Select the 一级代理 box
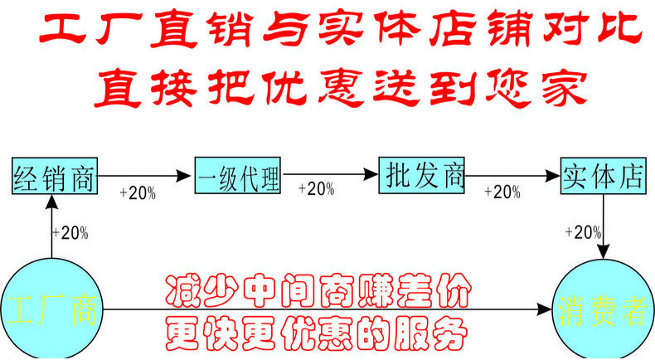[238, 176]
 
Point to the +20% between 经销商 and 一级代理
[138, 192]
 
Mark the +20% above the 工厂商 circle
[70, 233]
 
